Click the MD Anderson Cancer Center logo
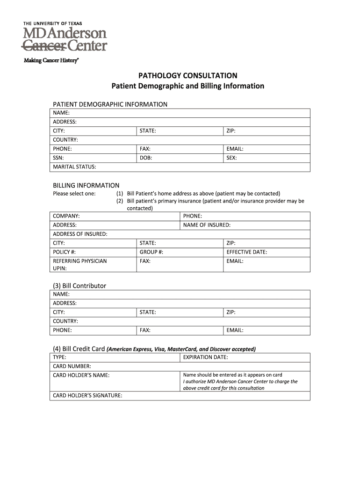coord(65,37)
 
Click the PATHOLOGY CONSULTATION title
coord(187,75)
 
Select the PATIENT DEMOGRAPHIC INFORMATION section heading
coord(110,104)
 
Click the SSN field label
coord(58,158)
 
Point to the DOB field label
coord(146,158)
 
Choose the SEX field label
coord(231,158)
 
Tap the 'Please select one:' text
coord(74,194)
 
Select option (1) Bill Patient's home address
coord(198,194)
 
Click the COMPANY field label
coord(66,216)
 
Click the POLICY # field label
coord(65,252)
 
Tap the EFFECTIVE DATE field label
coord(246,252)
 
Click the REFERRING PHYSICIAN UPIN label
coord(79,264)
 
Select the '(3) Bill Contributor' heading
coord(79,286)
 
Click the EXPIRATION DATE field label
coord(205,357)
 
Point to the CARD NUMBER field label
coord(72,366)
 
